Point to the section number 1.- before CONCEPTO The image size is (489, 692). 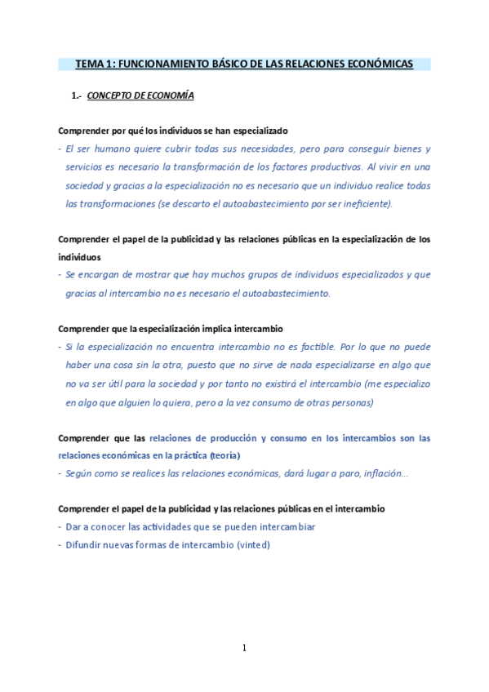point(78,96)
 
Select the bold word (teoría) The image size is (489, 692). point(225,455)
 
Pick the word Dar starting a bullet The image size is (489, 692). point(75,527)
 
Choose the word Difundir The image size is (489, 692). point(87,545)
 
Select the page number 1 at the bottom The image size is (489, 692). point(244,648)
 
